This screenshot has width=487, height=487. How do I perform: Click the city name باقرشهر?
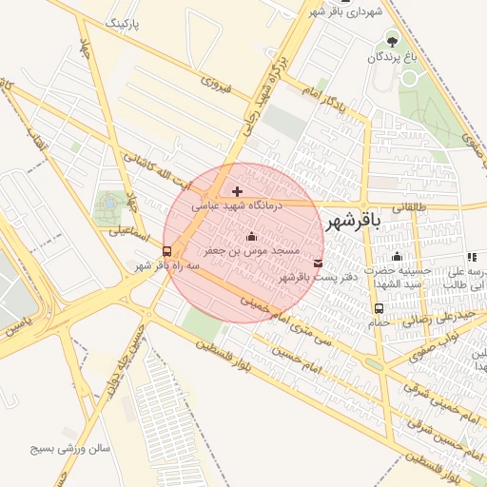pos(352,222)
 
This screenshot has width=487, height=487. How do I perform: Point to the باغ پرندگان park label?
pos(393,58)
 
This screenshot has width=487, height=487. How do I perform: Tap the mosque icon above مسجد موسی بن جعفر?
pos(251,236)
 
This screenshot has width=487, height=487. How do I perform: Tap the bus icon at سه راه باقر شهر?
pos(167,252)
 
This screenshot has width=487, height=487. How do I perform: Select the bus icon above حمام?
pos(380,308)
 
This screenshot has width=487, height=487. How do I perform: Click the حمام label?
pos(380,322)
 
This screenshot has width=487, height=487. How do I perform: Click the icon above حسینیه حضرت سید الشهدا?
pos(397,257)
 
